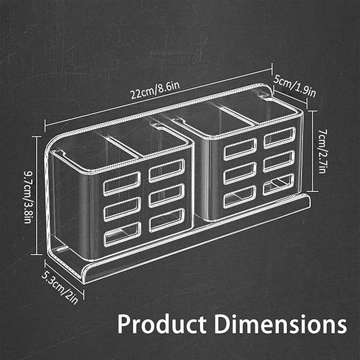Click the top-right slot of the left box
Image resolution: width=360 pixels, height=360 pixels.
click(x=166, y=170)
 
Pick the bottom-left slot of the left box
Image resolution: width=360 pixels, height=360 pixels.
click(x=122, y=232)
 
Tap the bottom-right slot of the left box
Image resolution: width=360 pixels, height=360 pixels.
click(x=166, y=218)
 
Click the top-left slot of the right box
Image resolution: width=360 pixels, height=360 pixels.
click(x=239, y=147)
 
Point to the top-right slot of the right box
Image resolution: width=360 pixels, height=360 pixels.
click(x=279, y=137)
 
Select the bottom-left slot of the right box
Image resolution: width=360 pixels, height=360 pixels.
click(x=239, y=196)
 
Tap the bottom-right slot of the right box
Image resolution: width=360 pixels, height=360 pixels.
click(x=279, y=183)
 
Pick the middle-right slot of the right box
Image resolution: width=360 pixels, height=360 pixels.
click(x=279, y=160)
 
